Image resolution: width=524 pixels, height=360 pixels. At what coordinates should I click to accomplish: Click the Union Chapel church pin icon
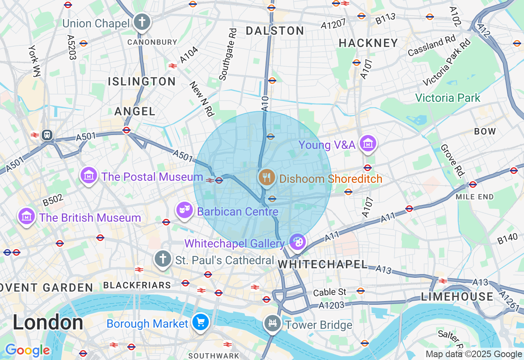[x=142, y=22]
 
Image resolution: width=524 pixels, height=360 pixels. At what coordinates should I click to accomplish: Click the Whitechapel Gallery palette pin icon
[x=297, y=243]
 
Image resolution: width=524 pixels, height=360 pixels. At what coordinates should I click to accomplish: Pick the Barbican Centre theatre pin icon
[x=184, y=210]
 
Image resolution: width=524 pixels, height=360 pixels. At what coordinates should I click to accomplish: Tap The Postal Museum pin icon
[x=89, y=176]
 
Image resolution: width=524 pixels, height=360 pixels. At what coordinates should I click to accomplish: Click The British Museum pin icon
[x=27, y=216]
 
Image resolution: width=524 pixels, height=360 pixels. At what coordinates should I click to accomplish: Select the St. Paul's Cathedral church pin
[x=163, y=259]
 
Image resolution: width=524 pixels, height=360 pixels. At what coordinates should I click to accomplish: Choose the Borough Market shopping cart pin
[x=200, y=322]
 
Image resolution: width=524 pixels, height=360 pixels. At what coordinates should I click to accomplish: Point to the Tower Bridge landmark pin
[x=272, y=324]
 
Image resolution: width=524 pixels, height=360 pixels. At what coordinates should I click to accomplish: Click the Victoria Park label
[x=447, y=98]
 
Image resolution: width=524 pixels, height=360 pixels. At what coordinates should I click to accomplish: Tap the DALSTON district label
[x=275, y=31]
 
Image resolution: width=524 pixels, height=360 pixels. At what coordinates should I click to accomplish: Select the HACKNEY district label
[x=368, y=43]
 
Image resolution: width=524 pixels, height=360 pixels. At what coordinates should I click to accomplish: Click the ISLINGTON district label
[x=142, y=81]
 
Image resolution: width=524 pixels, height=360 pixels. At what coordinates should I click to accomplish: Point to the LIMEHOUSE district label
[x=457, y=297]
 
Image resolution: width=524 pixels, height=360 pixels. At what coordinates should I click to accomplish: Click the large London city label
[x=48, y=322]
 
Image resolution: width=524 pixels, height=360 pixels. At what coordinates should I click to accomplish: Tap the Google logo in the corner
[x=27, y=350]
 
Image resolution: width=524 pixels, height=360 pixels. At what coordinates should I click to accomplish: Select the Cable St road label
[x=330, y=292]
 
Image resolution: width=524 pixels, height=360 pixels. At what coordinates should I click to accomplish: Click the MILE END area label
[x=474, y=197]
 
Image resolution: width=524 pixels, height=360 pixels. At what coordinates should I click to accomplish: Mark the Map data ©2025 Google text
[x=474, y=354]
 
